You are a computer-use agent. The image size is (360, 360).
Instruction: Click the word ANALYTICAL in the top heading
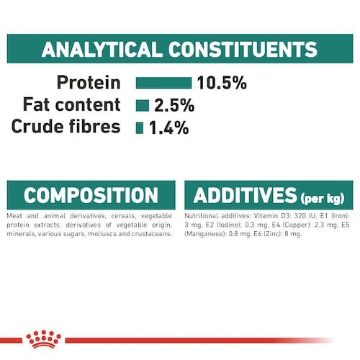[x=101, y=49]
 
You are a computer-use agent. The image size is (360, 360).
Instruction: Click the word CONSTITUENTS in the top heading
[x=243, y=49]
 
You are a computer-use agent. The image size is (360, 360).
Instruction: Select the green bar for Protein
[x=163, y=83]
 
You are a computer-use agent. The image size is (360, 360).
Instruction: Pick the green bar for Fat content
[x=143, y=106]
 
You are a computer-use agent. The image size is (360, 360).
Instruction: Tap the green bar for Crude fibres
[x=140, y=128]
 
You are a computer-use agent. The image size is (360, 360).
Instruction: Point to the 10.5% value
[x=222, y=83]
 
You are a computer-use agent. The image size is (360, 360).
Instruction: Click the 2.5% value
[x=174, y=105]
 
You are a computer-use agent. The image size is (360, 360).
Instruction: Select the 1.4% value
[x=169, y=127]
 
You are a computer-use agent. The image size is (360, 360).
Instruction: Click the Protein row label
[x=89, y=83]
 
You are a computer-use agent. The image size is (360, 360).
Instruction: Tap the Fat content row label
[x=71, y=104]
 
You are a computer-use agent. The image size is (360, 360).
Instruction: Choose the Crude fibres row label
[x=66, y=127]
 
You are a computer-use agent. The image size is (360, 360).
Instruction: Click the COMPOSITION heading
[x=91, y=195]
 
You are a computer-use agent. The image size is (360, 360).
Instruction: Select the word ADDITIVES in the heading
[x=245, y=195]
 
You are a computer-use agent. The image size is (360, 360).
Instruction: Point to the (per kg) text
[x=323, y=198]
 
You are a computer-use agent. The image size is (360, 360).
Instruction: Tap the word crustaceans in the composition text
[x=152, y=234]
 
